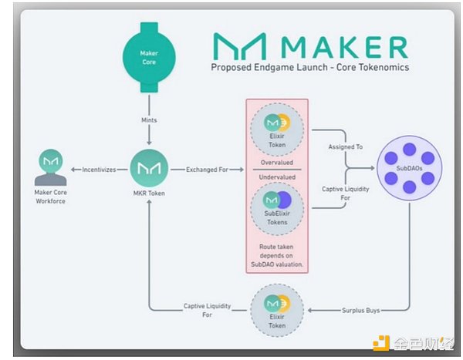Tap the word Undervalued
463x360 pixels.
click(x=277, y=176)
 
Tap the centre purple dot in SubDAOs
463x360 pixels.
click(x=408, y=167)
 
